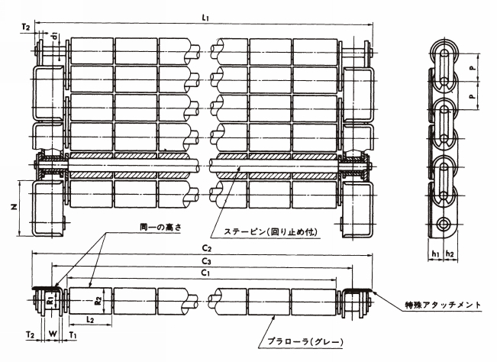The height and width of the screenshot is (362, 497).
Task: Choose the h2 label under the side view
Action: point(452,254)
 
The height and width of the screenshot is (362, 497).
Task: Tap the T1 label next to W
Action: point(73,334)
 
